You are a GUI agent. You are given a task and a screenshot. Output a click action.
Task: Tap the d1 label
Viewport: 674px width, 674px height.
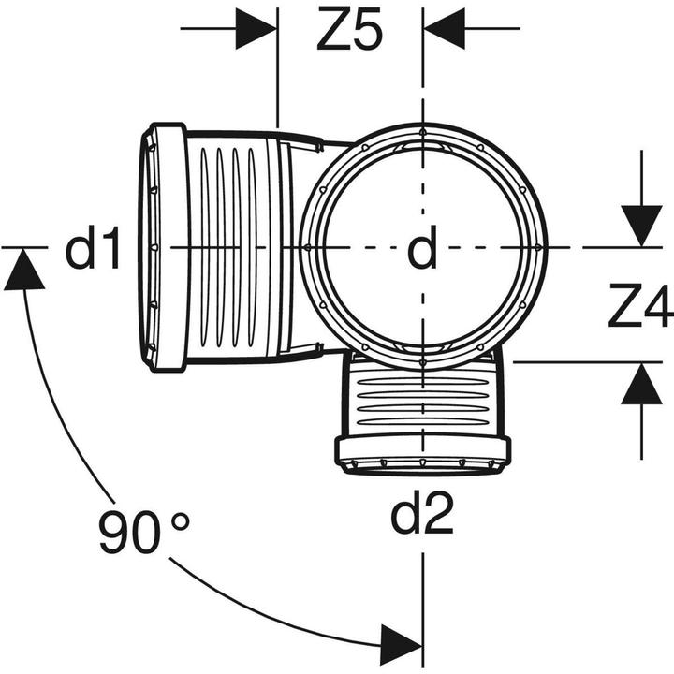[92, 247]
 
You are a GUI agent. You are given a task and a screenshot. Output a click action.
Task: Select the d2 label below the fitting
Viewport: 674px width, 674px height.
[421, 513]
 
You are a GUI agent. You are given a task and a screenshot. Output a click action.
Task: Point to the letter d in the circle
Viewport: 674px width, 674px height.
[422, 247]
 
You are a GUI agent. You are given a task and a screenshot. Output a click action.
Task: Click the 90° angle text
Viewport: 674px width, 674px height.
[144, 532]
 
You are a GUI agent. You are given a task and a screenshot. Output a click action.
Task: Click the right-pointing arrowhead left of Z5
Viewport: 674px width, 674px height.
[256, 28]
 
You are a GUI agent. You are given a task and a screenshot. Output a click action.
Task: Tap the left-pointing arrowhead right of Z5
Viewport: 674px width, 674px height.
[445, 28]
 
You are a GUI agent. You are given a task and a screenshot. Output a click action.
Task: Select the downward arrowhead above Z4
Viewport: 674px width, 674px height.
[641, 227]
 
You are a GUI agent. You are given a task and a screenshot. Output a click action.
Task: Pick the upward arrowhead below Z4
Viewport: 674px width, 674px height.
[641, 384]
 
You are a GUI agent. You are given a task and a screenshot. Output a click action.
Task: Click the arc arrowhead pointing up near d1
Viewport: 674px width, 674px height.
[23, 270]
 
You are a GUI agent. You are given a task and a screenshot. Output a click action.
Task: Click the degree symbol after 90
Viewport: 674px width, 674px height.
[180, 521]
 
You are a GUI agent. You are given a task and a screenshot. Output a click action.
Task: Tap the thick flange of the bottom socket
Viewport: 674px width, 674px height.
[423, 448]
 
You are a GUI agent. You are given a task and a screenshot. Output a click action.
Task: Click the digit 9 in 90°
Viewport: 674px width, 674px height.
[114, 532]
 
